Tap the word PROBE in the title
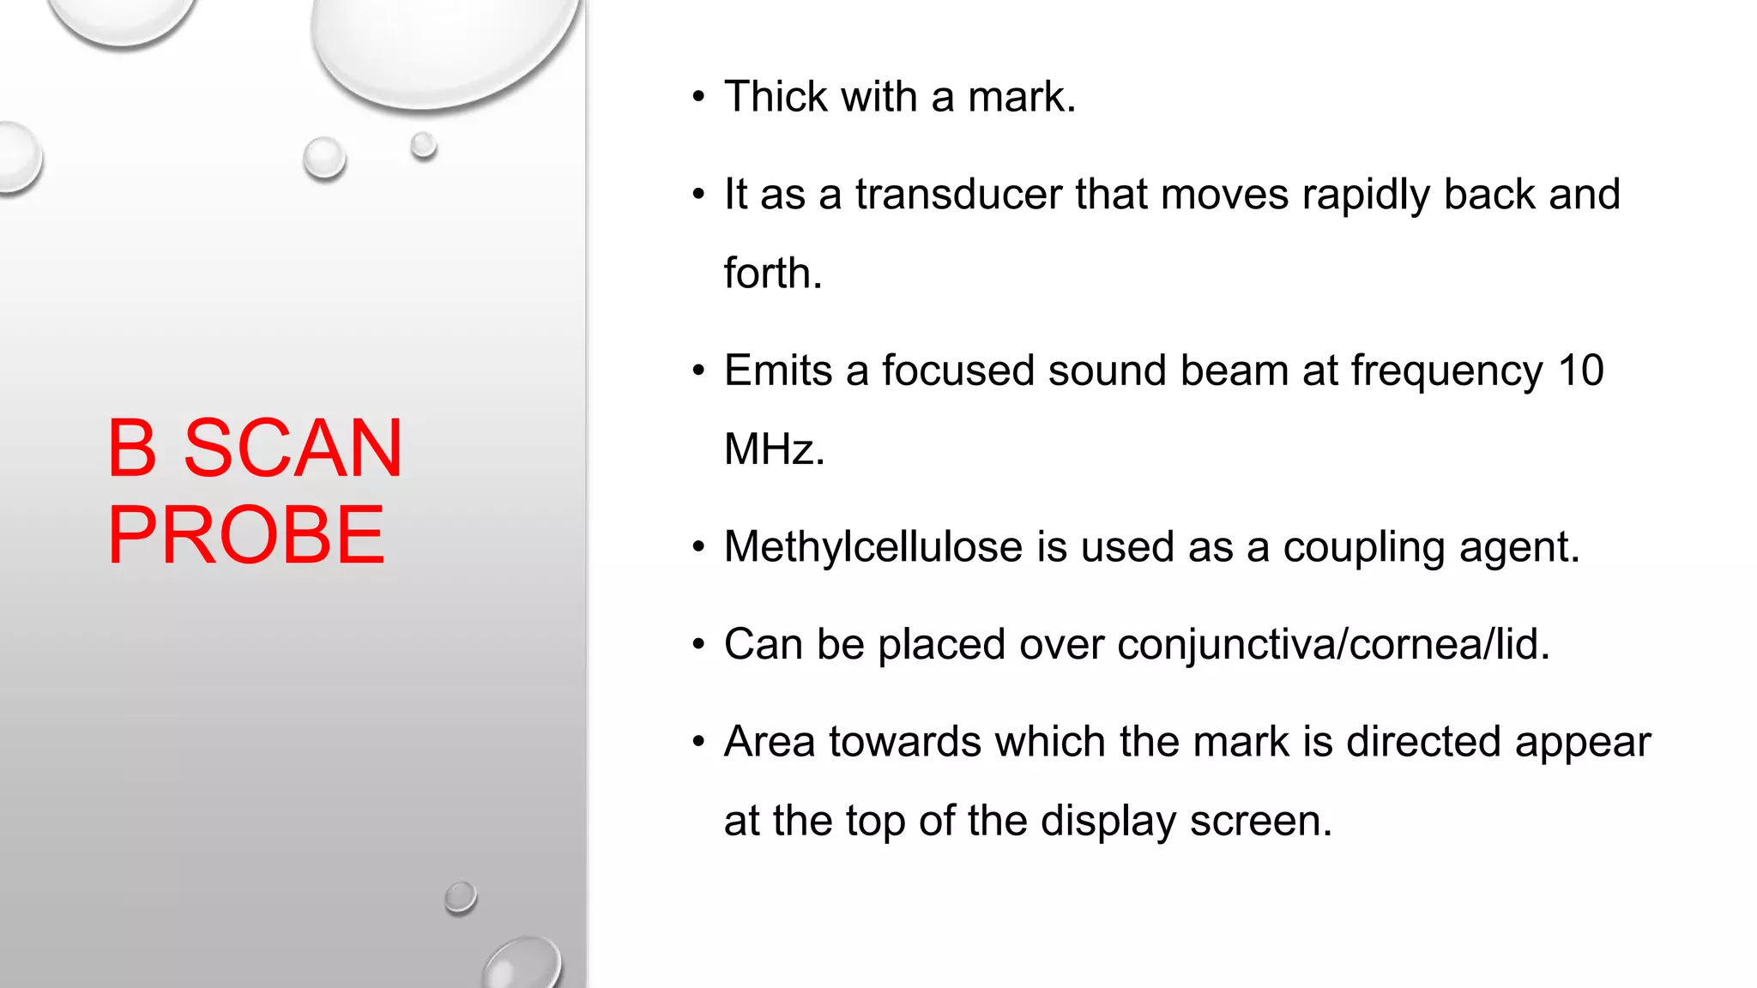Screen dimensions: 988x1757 coord(246,535)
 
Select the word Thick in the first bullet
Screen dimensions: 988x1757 coord(776,96)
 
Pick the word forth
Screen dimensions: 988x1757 coord(772,274)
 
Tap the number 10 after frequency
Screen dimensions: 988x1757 coord(1580,370)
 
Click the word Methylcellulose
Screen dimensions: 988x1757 coord(873,547)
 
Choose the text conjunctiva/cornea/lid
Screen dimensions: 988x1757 coord(1333,644)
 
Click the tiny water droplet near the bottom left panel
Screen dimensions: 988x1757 coord(461,897)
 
